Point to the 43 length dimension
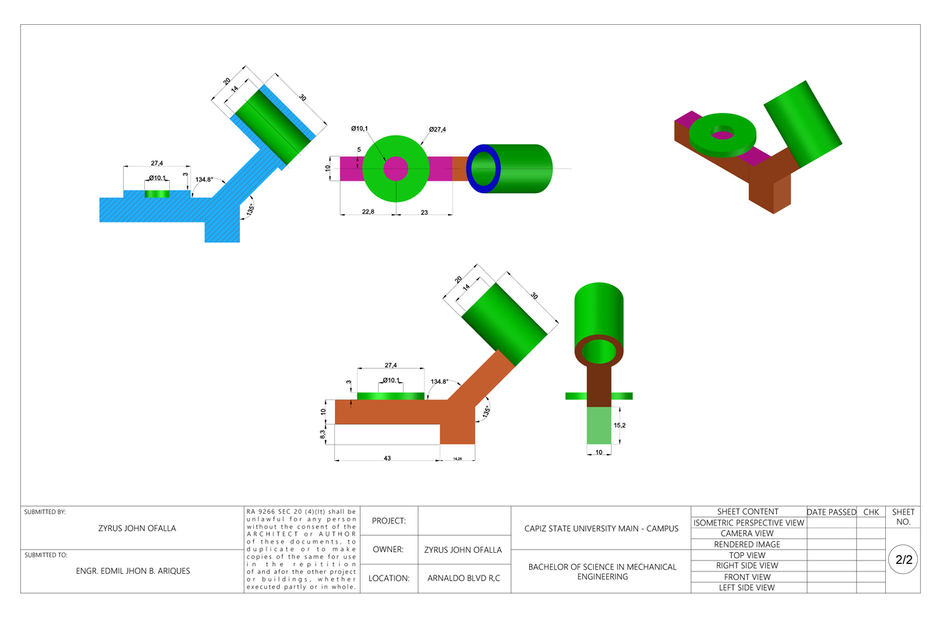point(387,458)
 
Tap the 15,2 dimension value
point(620,426)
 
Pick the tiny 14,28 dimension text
point(457,459)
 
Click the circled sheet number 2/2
point(904,560)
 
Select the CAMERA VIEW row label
point(747,533)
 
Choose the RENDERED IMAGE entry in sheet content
point(747,544)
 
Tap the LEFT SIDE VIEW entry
point(747,588)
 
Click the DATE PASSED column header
point(831,512)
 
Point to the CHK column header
point(870,512)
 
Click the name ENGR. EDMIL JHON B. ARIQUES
point(132,570)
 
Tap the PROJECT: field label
point(390,520)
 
